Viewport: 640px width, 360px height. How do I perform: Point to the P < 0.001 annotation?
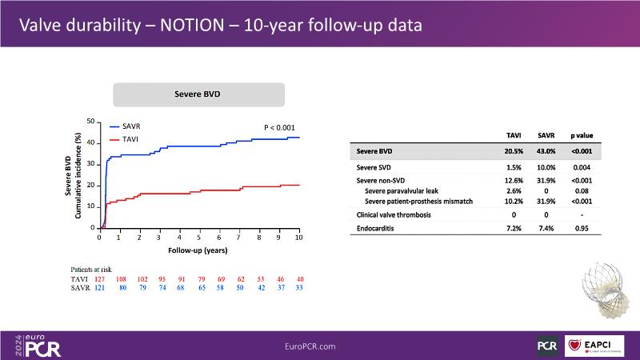[279, 127]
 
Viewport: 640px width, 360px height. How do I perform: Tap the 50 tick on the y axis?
[90, 122]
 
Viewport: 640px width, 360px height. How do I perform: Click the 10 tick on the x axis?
[298, 238]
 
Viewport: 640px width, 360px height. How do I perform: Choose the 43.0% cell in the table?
[546, 151]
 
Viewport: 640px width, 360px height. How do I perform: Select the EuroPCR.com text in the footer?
[310, 346]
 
